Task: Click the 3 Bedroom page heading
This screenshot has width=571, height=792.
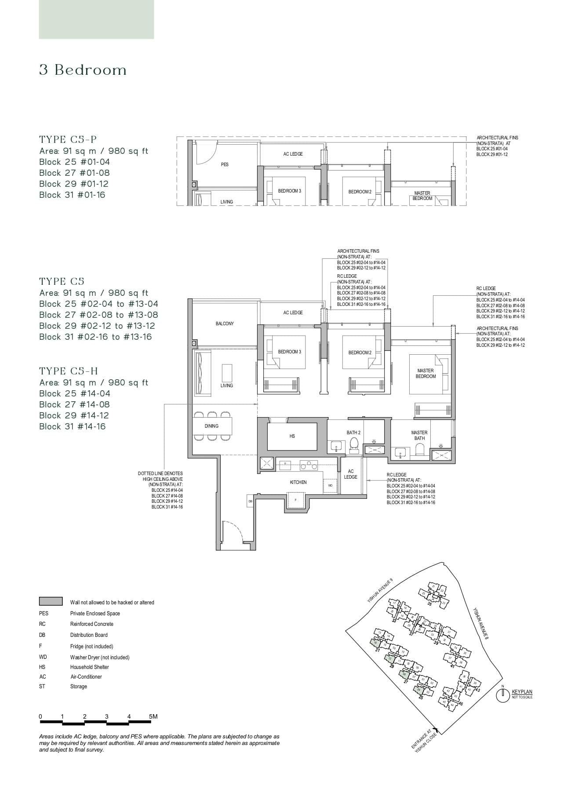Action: coord(83,70)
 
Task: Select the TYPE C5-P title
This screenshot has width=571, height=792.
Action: coord(68,140)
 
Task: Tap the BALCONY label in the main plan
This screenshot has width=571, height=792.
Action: coord(225,323)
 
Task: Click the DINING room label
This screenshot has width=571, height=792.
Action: coord(211,426)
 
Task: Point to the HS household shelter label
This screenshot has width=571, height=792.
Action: coord(292,436)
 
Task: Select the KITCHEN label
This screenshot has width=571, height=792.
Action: coord(298,482)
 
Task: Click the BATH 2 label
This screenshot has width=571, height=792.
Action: coord(353,432)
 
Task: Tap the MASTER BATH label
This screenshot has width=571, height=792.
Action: coord(419,435)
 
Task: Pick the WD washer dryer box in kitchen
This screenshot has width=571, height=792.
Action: coord(330,486)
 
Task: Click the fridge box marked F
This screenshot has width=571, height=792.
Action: coord(296,500)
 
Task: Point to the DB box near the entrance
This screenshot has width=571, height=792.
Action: coord(250,501)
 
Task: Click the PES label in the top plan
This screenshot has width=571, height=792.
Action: coord(225,164)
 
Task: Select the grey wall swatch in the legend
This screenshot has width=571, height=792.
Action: coord(51,602)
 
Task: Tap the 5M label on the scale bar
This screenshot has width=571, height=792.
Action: coord(153,716)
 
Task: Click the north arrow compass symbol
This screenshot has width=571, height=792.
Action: coord(502,696)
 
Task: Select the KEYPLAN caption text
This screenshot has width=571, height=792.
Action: coord(522,692)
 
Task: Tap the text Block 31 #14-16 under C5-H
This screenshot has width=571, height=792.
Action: coord(73,426)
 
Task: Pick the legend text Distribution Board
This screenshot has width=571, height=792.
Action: coord(89,635)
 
